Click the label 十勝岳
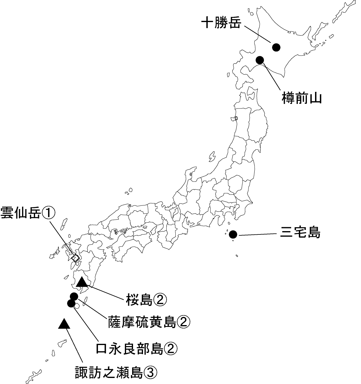(221, 23)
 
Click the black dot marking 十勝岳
(276, 47)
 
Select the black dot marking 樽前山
(260, 60)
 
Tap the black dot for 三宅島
(233, 234)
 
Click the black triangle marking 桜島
(82, 282)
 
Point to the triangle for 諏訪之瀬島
(64, 324)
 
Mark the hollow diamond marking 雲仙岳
(75, 258)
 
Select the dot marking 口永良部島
(71, 303)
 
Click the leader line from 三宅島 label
(257, 234)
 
